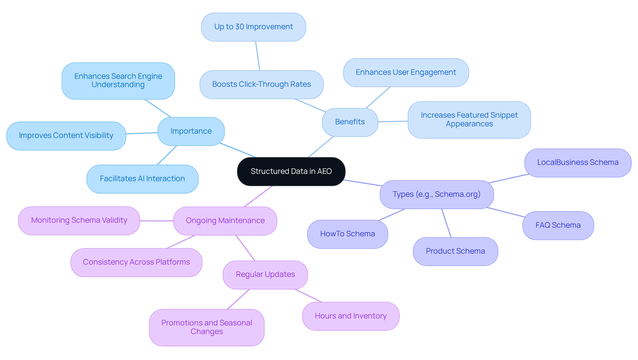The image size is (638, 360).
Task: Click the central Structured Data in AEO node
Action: pos(291,172)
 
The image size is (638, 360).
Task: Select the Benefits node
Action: pos(350,122)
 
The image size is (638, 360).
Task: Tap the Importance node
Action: pos(191,131)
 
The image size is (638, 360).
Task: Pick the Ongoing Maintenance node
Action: pos(225,221)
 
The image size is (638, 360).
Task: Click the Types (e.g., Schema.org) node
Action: pos(437,194)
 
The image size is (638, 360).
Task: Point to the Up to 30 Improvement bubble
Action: pos(254,27)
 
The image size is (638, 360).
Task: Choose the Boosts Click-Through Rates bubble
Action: pos(262,84)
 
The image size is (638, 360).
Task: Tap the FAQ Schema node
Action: pos(558,225)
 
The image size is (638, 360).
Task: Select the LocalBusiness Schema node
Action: pos(578,163)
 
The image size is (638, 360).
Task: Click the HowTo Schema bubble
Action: pos(348,234)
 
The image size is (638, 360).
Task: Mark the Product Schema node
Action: pos(455,251)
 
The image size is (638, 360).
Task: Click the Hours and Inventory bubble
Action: pos(351,316)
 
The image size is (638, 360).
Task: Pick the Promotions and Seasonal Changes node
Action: pos(207,327)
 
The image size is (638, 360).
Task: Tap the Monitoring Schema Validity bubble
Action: pos(79,220)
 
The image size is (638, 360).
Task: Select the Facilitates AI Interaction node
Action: pos(142,179)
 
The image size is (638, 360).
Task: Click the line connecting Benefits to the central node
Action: pos(321,147)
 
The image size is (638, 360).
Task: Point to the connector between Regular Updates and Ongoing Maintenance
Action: pos(245,248)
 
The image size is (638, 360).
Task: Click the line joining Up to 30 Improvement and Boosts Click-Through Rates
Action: pos(258,56)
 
